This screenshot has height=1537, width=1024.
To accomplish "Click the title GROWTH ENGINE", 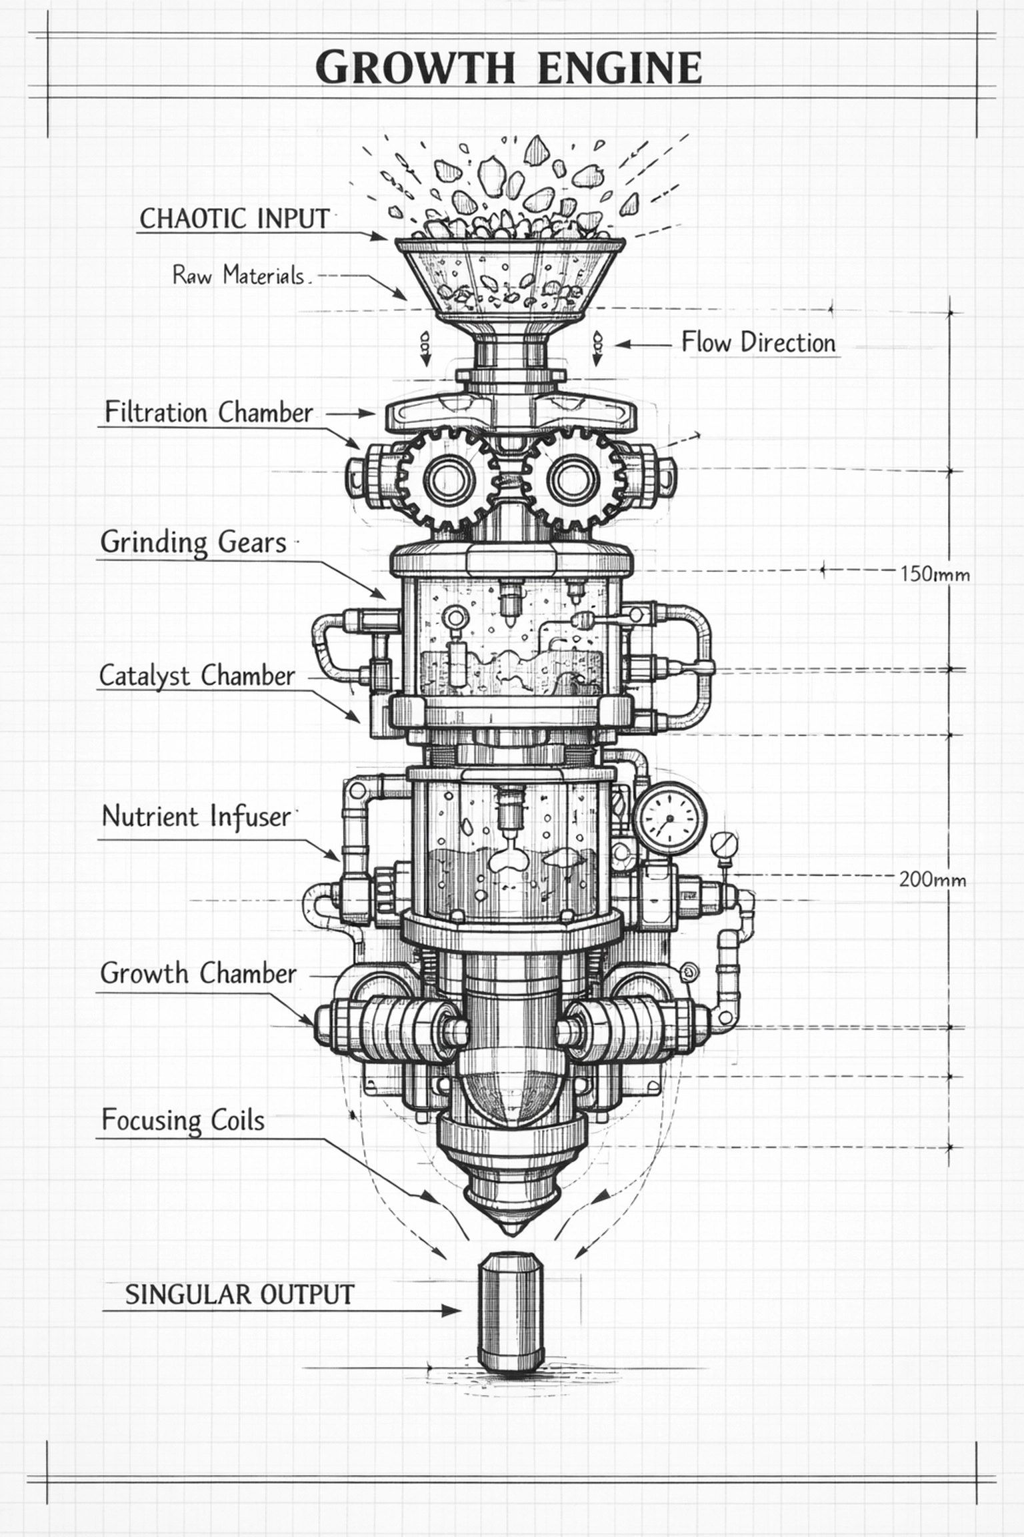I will [508, 67].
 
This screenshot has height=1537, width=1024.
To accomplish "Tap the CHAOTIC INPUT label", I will [235, 219].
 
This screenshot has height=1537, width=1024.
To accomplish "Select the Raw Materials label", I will [239, 275].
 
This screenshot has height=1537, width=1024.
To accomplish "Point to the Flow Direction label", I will [758, 342].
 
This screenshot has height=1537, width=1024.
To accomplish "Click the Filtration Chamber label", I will [209, 412].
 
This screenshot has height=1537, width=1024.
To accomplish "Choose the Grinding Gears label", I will [193, 542].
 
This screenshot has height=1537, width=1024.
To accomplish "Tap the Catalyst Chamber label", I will [197, 676].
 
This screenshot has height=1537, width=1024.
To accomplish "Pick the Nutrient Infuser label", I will [197, 817].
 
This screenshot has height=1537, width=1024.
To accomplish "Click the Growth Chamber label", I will [198, 973].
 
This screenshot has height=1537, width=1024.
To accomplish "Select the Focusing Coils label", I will [183, 1120].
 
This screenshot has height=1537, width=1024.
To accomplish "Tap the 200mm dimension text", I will [932, 879].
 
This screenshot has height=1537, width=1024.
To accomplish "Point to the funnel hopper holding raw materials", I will [510, 280].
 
